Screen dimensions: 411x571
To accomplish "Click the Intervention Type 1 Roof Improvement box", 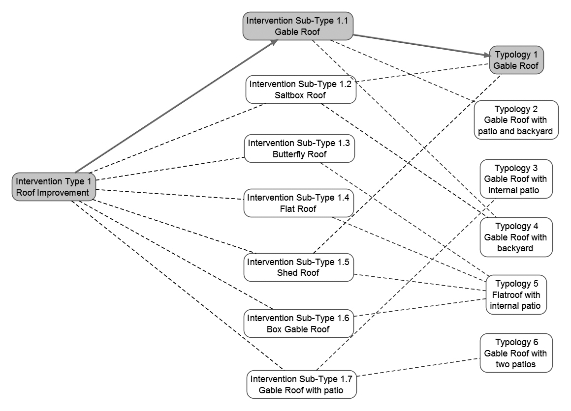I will pos(54,187).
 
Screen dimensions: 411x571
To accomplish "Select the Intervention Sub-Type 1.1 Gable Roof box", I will pos(298,27).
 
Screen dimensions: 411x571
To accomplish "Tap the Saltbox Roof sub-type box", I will pos(300,89).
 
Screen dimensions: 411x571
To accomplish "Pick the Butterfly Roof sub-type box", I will pos(299,149).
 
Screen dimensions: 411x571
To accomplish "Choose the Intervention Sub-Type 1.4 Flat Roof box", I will pos(299,203).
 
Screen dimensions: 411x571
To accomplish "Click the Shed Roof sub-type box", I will pos(298,267).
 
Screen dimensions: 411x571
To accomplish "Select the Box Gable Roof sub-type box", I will pos(298,323).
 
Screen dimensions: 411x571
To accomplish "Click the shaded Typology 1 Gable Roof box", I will pos(516,60).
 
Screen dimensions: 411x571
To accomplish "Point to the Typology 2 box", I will pos(516,120).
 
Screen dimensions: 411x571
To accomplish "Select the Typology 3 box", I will pos(515,179).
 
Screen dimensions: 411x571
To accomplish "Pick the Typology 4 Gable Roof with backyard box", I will pos(515,237).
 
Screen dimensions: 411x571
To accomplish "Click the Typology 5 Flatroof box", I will pos(516,295).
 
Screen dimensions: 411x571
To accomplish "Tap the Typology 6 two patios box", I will pos(515,353).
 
